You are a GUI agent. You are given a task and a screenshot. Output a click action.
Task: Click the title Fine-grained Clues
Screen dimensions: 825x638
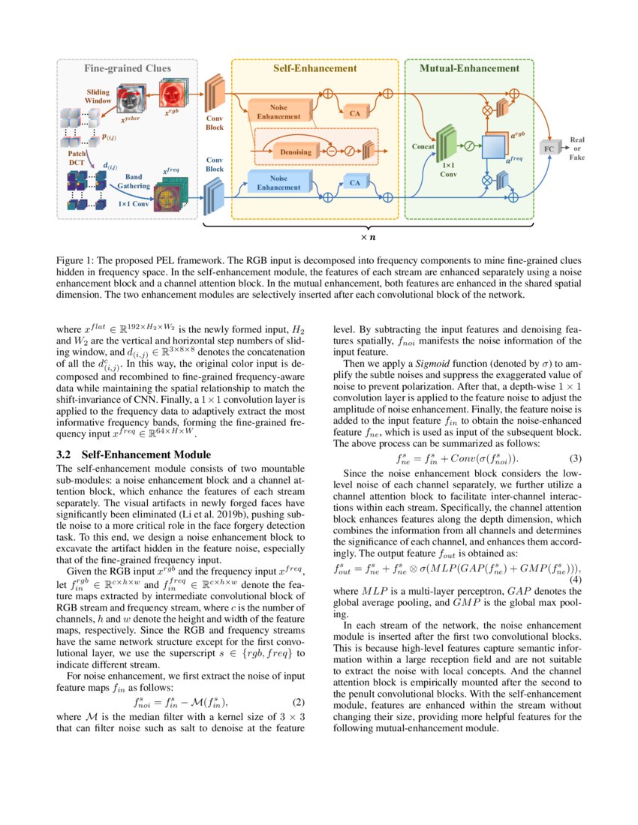point(127,68)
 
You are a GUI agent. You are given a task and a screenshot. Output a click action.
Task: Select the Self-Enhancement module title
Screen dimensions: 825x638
point(314,68)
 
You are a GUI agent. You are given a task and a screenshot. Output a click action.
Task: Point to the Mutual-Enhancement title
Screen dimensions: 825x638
point(469,68)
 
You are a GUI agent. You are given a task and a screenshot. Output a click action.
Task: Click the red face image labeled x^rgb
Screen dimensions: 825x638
point(173,97)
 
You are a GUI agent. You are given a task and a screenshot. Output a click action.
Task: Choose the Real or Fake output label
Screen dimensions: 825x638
point(577,148)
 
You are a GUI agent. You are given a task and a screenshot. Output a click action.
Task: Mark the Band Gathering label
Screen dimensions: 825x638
point(134,181)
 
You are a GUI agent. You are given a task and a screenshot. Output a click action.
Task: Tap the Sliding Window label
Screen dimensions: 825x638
point(98,95)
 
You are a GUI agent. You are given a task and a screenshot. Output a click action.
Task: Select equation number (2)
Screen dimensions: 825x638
point(296,702)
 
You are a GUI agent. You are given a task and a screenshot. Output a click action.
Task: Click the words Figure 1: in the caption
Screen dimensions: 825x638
point(76,260)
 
